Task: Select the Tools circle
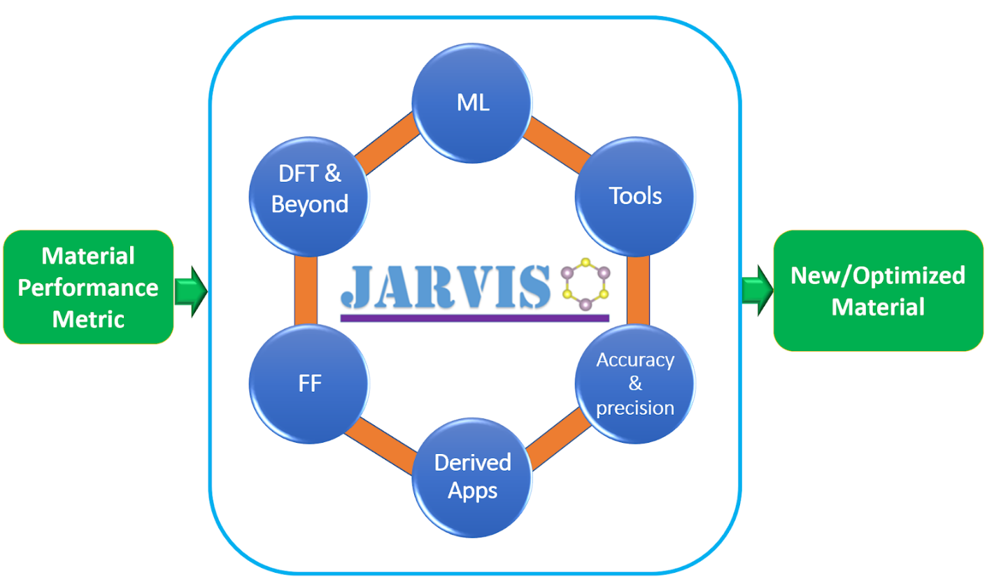point(634,196)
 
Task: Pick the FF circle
point(308,383)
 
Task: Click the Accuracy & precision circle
point(634,383)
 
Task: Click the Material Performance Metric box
point(89,287)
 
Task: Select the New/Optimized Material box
point(878,290)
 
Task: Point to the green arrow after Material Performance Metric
point(190,289)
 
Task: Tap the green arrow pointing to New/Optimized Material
point(757,289)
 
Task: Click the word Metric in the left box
point(89,319)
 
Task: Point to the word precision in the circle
point(635,407)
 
